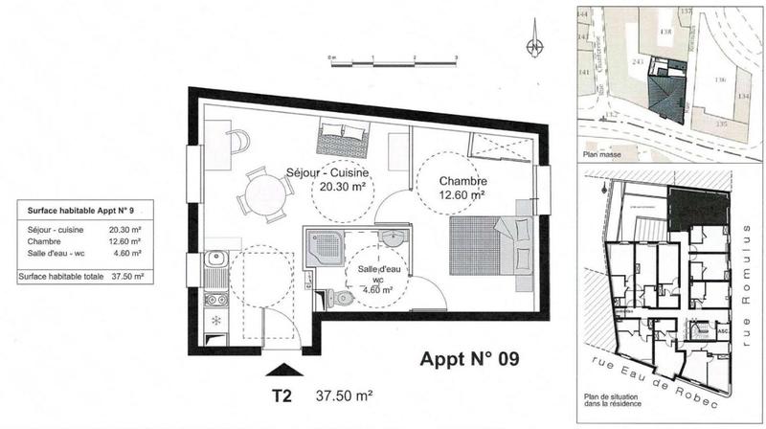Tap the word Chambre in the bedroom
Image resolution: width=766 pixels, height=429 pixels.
coord(463,181)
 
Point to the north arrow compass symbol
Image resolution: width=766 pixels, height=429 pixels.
coord(535,45)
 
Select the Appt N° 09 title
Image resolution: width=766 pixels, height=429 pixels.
coord(470,360)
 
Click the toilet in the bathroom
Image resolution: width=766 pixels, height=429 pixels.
coord(341,299)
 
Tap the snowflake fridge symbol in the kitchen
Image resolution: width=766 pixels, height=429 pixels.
coord(215,319)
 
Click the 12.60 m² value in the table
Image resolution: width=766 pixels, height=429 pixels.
coord(125,242)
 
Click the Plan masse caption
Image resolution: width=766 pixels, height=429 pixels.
coord(601,151)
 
